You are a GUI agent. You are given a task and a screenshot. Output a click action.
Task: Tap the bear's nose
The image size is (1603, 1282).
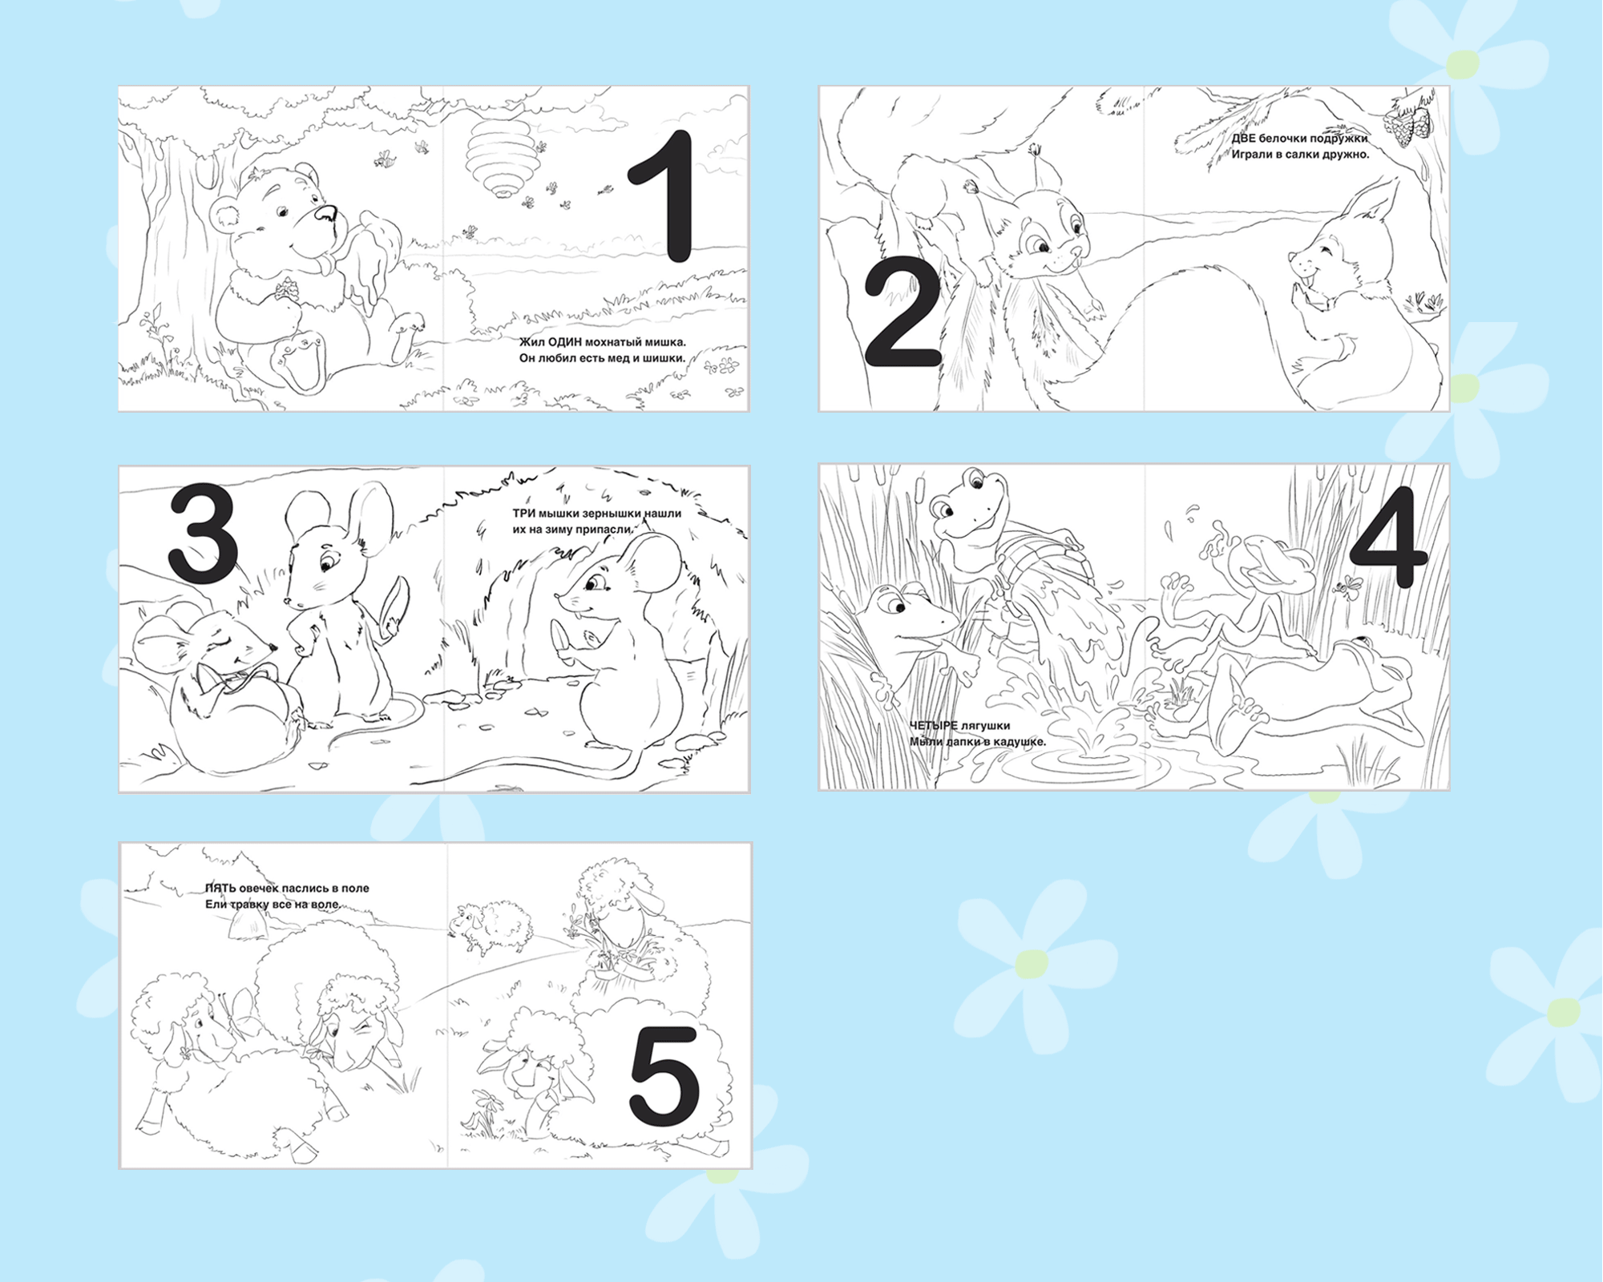[325, 213]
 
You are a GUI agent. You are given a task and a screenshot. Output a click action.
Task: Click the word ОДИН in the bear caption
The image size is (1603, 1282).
[561, 342]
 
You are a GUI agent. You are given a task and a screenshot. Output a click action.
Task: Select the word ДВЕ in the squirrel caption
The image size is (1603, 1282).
[1245, 138]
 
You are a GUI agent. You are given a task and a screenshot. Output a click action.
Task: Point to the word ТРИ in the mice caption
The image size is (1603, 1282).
[524, 514]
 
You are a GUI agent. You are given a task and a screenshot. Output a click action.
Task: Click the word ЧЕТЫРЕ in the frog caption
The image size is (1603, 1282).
[933, 726]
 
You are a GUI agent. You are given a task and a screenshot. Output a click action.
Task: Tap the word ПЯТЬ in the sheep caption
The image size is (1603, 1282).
[219, 888]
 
